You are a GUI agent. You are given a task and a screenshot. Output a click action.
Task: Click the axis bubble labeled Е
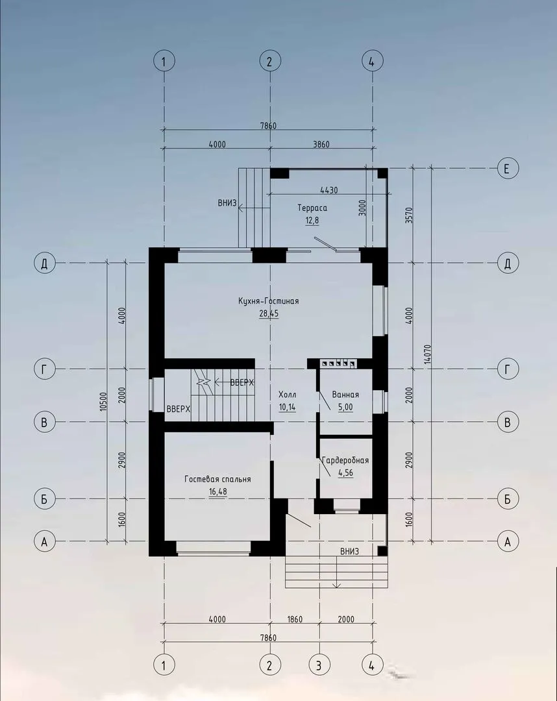[x=508, y=169]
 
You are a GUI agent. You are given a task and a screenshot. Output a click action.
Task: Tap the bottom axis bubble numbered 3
[x=319, y=665]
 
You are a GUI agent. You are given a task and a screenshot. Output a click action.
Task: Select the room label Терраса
[x=312, y=208]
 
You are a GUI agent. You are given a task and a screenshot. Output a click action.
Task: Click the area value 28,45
[x=269, y=314]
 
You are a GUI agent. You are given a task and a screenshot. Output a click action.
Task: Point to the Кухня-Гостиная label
[x=269, y=301]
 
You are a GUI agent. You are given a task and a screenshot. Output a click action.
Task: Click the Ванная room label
[x=345, y=395]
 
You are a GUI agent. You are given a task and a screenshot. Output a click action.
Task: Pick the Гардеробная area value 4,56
[x=345, y=473]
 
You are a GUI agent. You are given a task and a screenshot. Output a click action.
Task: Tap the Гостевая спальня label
[x=217, y=479]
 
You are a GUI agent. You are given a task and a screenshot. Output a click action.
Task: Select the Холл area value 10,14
[x=287, y=408]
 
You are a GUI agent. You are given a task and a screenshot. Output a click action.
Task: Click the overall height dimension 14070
[x=427, y=354]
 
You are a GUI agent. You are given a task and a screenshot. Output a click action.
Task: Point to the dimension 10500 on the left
[x=103, y=402]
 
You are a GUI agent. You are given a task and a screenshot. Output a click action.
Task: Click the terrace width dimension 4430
[x=329, y=190]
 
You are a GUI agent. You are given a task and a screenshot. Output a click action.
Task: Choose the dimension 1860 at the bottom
[x=295, y=620]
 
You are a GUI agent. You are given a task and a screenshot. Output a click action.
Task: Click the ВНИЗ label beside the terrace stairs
[x=227, y=203]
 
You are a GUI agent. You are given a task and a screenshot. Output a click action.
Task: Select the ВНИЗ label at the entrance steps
[x=349, y=552]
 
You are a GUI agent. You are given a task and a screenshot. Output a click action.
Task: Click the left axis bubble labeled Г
[x=44, y=369]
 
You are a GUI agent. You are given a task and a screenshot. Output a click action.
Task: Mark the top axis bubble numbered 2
[x=269, y=61]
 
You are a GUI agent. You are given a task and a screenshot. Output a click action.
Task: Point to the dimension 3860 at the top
[x=321, y=144]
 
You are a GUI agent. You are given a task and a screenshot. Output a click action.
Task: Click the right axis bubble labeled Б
[x=508, y=499]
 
